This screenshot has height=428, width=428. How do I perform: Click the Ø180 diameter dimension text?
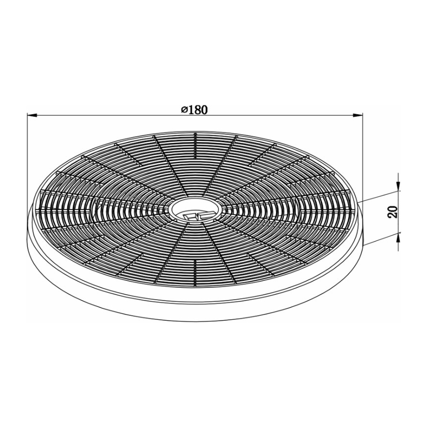(194, 110)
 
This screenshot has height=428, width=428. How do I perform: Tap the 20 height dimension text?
(393, 212)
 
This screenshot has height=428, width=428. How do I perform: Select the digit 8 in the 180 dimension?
(196, 110)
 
